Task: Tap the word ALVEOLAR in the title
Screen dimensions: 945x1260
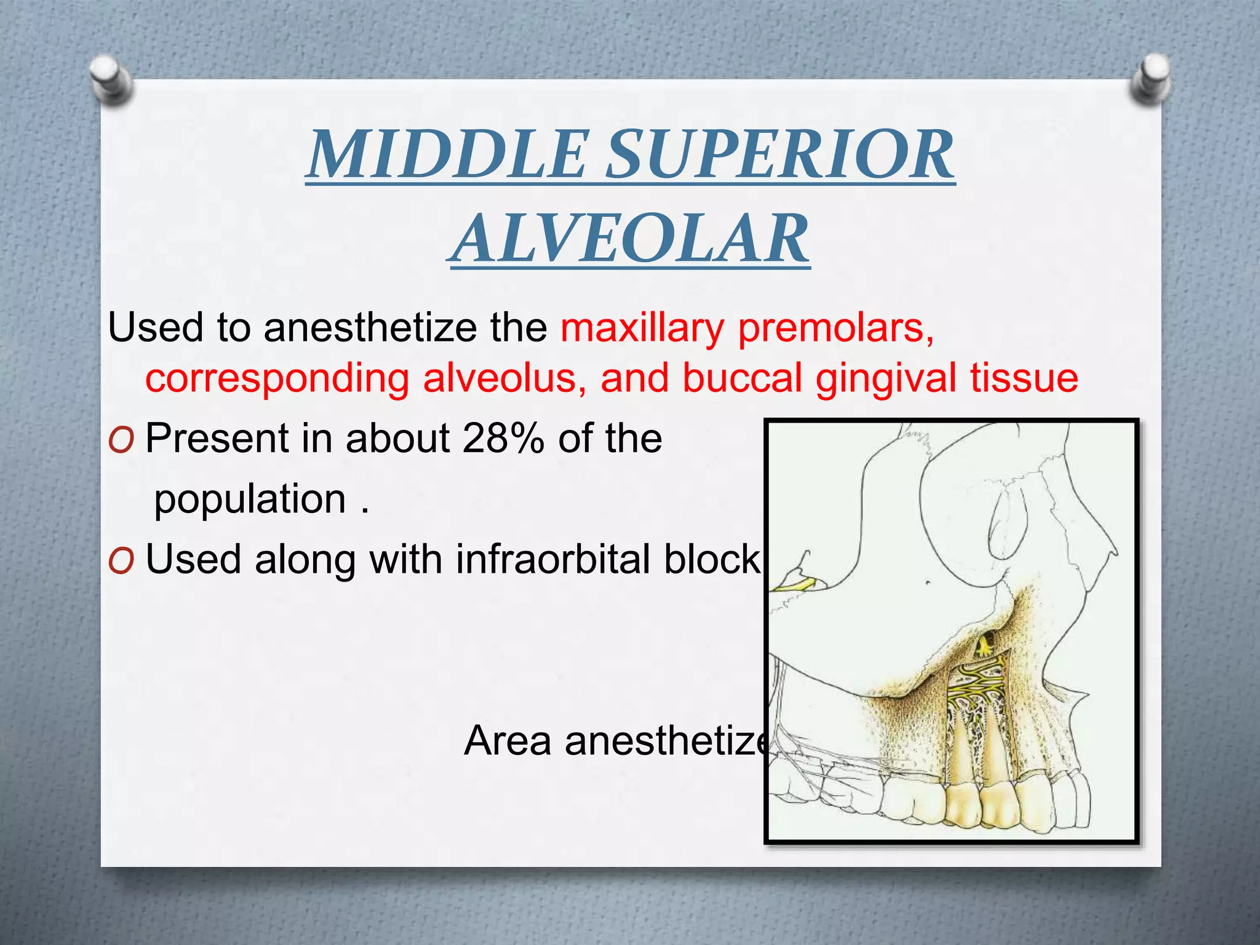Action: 629,239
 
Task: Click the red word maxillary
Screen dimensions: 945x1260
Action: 642,328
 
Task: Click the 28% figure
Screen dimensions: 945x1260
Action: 503,438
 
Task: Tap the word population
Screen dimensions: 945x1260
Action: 250,500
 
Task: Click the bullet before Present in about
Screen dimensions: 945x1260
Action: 121,441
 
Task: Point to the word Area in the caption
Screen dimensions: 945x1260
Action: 508,740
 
